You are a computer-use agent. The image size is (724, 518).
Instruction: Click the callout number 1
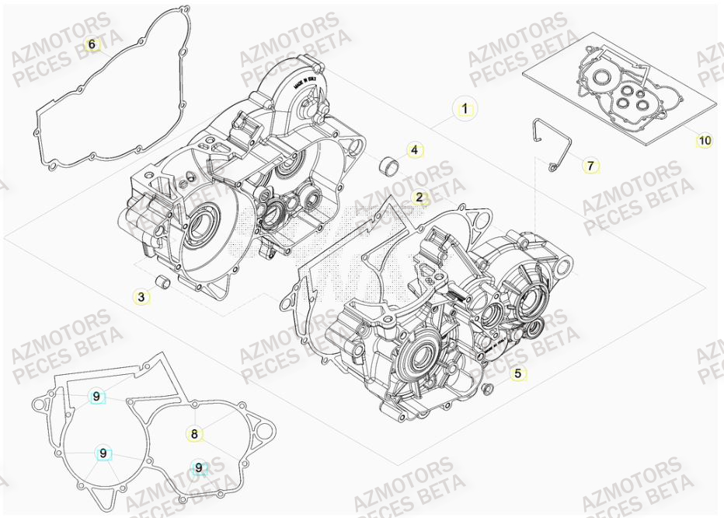465,109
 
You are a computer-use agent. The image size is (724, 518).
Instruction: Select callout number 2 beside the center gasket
419,198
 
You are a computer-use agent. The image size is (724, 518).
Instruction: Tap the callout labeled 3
141,296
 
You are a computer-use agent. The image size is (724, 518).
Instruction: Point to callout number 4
415,150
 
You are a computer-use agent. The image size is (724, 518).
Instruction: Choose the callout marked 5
518,373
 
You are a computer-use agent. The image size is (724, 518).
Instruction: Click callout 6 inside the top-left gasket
92,44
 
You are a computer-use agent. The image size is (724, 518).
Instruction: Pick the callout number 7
590,166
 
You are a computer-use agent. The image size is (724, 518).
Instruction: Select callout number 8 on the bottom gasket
194,434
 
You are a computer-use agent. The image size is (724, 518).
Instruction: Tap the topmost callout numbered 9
96,397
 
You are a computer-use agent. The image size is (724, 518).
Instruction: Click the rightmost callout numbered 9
199,467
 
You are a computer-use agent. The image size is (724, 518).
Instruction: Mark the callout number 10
704,141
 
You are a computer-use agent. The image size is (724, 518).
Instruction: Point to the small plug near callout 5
487,387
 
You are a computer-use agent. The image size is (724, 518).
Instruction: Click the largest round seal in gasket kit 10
600,79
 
